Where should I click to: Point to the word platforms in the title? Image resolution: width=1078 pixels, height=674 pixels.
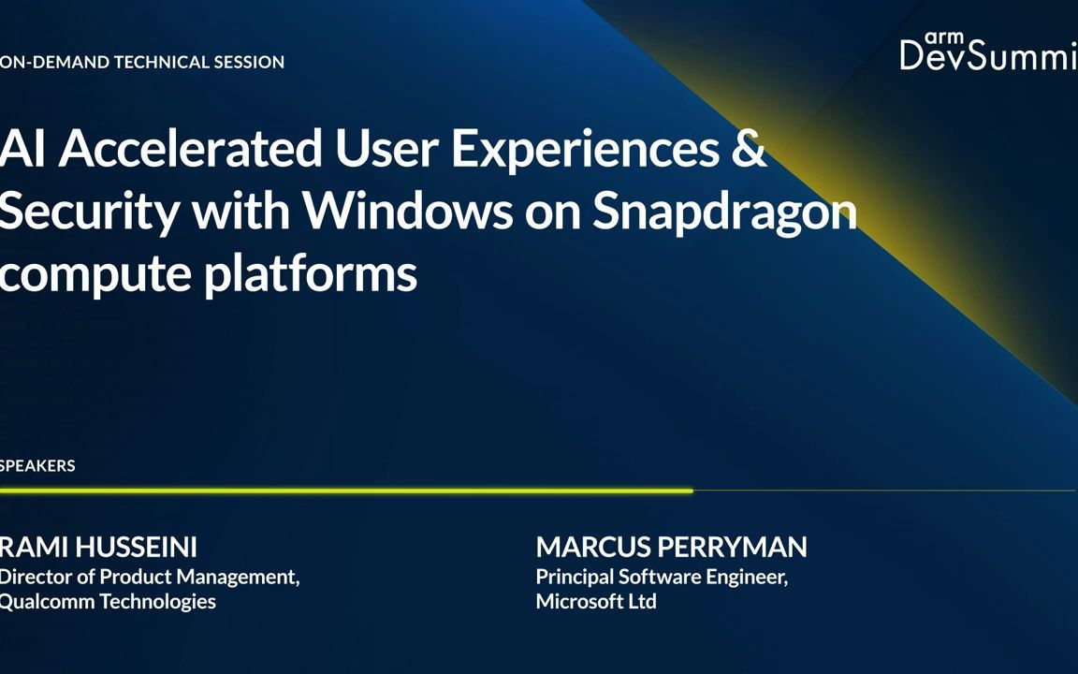click(311, 273)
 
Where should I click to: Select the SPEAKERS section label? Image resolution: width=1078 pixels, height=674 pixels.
click(37, 465)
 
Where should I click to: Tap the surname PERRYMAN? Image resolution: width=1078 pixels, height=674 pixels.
click(731, 548)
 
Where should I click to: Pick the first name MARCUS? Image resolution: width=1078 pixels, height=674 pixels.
click(592, 548)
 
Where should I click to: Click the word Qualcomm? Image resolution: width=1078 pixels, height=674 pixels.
click(47, 602)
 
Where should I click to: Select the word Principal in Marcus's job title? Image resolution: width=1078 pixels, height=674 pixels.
click(574, 577)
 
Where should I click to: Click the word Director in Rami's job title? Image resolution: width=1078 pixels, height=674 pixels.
click(36, 577)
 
